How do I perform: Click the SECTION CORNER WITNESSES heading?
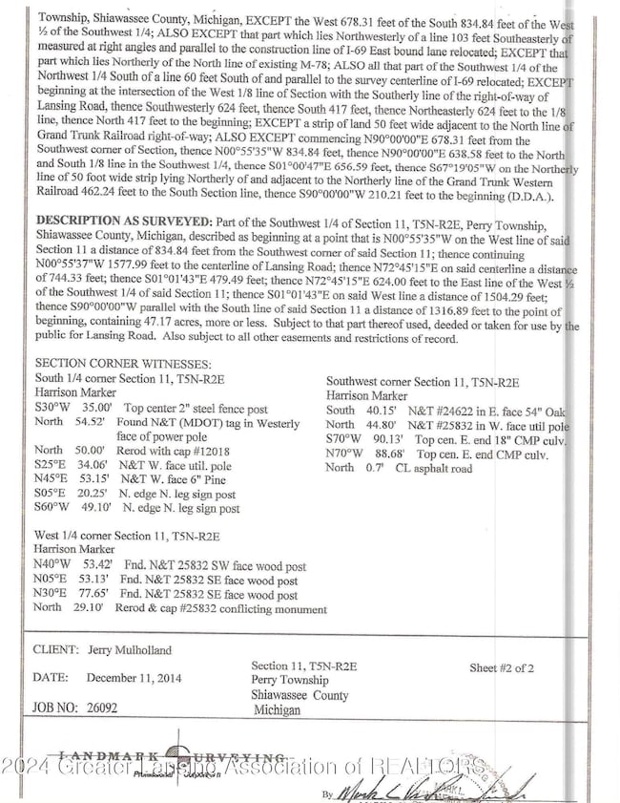tap(123, 364)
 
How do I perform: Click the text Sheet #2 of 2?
tap(502, 668)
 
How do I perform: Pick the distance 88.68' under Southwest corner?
tap(391, 454)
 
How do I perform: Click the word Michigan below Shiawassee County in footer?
tap(279, 711)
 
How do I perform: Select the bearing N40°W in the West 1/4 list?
tap(52, 565)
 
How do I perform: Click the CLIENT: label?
tap(56, 650)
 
